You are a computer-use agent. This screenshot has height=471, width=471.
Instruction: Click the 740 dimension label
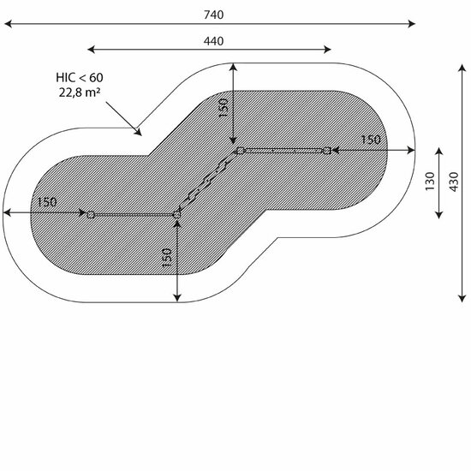(213, 15)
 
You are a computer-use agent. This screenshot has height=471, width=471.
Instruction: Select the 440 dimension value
(213, 41)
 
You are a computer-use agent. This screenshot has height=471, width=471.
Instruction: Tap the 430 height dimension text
(454, 182)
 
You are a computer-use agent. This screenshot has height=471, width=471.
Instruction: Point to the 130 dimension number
(430, 182)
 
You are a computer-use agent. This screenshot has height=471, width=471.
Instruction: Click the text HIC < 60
(80, 78)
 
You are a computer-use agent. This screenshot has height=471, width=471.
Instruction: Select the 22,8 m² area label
(80, 92)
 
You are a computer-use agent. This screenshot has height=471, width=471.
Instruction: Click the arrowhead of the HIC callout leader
(139, 133)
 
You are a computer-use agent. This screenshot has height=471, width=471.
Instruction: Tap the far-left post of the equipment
(91, 214)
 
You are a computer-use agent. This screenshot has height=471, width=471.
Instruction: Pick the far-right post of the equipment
(327, 151)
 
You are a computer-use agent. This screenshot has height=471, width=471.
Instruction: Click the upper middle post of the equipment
(240, 150)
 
